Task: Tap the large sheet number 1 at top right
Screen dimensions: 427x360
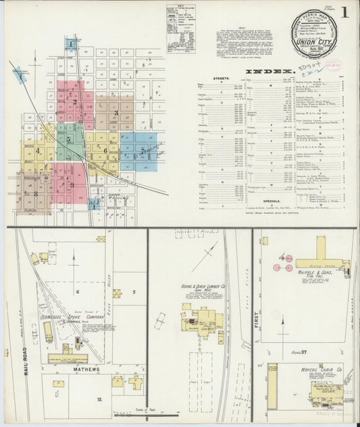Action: (345, 12)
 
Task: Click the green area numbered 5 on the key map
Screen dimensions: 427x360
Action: (69, 139)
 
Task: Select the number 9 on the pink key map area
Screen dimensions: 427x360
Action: (70, 184)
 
